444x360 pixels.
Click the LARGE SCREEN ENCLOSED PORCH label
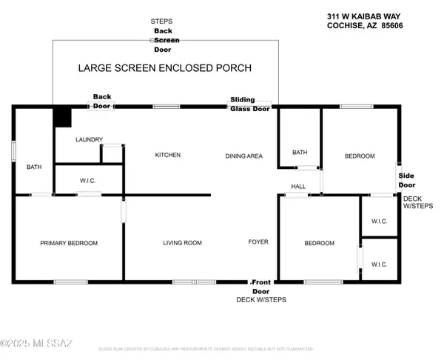tap(165, 68)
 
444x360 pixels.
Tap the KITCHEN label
tap(167, 155)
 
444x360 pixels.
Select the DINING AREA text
tap(244, 156)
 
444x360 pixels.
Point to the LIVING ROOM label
tap(182, 243)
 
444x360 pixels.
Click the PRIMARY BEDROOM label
tap(69, 243)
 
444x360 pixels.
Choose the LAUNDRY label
tap(89, 139)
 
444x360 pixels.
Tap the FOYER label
tap(258, 242)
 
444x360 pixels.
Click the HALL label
tap(298, 187)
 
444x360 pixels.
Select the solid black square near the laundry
tap(61, 118)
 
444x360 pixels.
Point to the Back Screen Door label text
tap(161, 41)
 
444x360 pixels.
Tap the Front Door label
tap(262, 287)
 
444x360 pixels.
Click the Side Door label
tap(407, 179)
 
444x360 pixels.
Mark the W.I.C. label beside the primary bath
tap(87, 181)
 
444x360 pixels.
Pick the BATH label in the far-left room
tap(34, 167)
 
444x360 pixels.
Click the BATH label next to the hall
tap(299, 153)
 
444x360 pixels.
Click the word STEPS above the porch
tap(161, 22)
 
